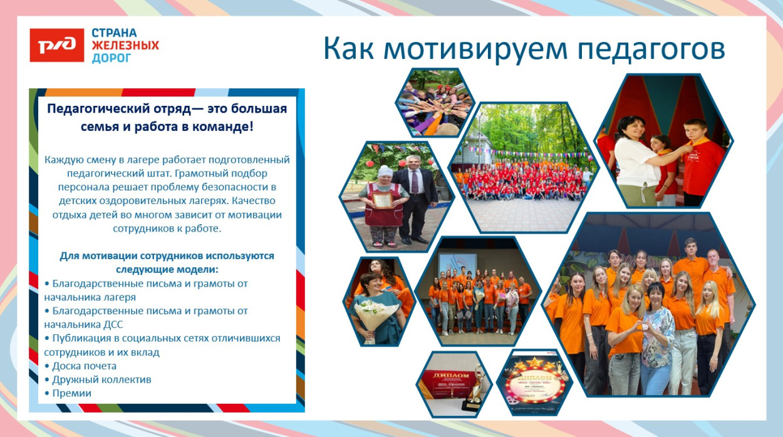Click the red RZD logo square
click(56, 45)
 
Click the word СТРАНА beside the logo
click(114, 33)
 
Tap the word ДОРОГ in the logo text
click(111, 58)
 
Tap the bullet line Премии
click(71, 393)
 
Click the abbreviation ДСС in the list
click(112, 324)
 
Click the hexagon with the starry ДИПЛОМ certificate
click(534, 383)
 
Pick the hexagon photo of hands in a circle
click(435, 102)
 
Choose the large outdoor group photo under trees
click(523, 168)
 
